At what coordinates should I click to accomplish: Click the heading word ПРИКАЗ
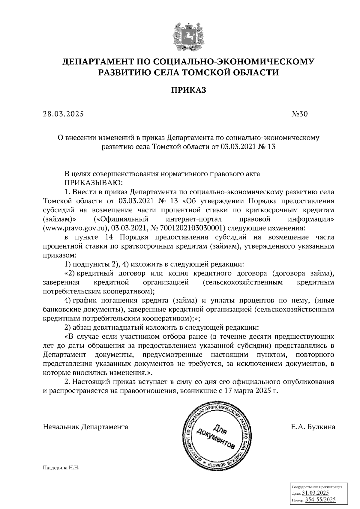coord(189,90)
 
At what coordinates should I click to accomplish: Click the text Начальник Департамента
coord(85,427)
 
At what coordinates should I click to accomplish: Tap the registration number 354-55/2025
coord(320,500)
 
